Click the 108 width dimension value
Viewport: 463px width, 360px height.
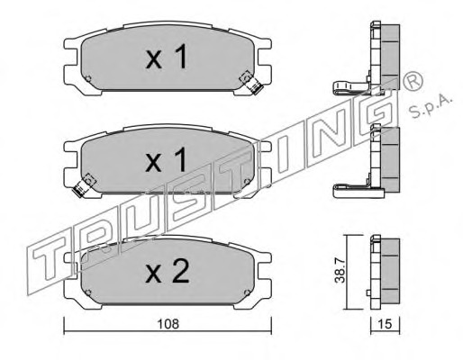point(168,324)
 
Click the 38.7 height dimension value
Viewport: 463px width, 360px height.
point(340,272)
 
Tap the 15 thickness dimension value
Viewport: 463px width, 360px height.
point(386,324)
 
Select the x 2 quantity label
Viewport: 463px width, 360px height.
point(168,272)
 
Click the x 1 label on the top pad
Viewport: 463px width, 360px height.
point(167,56)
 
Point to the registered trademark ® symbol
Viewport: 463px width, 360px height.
point(413,80)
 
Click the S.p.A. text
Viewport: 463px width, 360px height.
point(431,106)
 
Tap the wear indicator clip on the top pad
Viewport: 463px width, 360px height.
point(251,82)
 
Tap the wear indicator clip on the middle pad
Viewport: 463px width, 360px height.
point(84,185)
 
